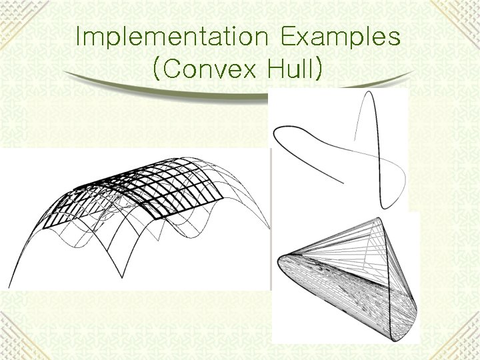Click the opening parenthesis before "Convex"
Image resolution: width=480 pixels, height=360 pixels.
[156, 70]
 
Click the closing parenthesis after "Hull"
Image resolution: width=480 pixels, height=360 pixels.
[322, 70]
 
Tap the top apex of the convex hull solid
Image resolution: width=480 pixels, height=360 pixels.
[379, 218]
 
